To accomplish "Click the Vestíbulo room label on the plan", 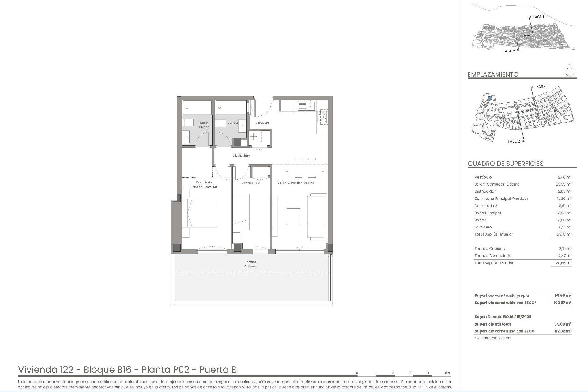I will [x=262, y=123].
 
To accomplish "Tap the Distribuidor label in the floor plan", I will [x=241, y=156].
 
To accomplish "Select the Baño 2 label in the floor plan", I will [x=232, y=123].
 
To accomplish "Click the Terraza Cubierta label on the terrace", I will [x=251, y=264].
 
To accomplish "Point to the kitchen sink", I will [x=307, y=106].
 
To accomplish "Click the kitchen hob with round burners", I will [x=322, y=117].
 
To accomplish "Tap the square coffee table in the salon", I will [x=293, y=217].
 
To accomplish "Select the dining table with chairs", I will [x=304, y=168].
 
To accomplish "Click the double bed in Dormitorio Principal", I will [x=200, y=213].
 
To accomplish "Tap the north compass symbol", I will [x=570, y=72].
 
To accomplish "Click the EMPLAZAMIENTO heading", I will [x=493, y=74].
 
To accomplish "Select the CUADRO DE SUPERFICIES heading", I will [x=505, y=164].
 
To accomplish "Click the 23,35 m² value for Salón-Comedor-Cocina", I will [x=564, y=184].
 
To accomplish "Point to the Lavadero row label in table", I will [x=483, y=227].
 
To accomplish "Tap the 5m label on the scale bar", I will [x=447, y=373].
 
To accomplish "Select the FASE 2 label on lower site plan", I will [x=514, y=141].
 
